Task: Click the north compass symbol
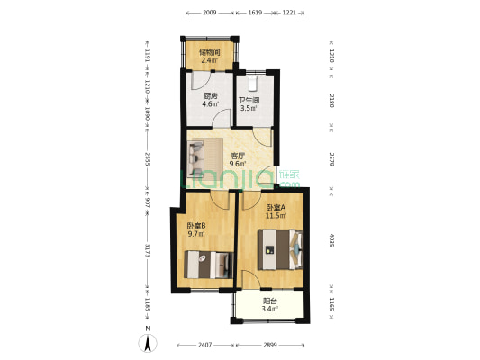148,343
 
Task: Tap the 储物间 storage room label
210,52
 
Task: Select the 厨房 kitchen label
211,96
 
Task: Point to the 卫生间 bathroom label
249,100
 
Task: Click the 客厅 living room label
238,156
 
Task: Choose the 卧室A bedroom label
276,208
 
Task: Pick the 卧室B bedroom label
196,226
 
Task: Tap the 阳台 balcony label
269,301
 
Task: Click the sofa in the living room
196,157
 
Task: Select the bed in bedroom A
280,250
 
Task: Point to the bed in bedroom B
208,265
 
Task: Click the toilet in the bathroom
252,84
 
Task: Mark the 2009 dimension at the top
210,13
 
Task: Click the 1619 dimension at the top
255,13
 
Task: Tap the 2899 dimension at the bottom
270,345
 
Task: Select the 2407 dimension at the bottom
204,345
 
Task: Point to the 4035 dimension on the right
331,240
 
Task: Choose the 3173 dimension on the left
148,250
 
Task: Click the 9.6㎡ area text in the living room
238,164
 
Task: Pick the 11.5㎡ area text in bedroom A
276,216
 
